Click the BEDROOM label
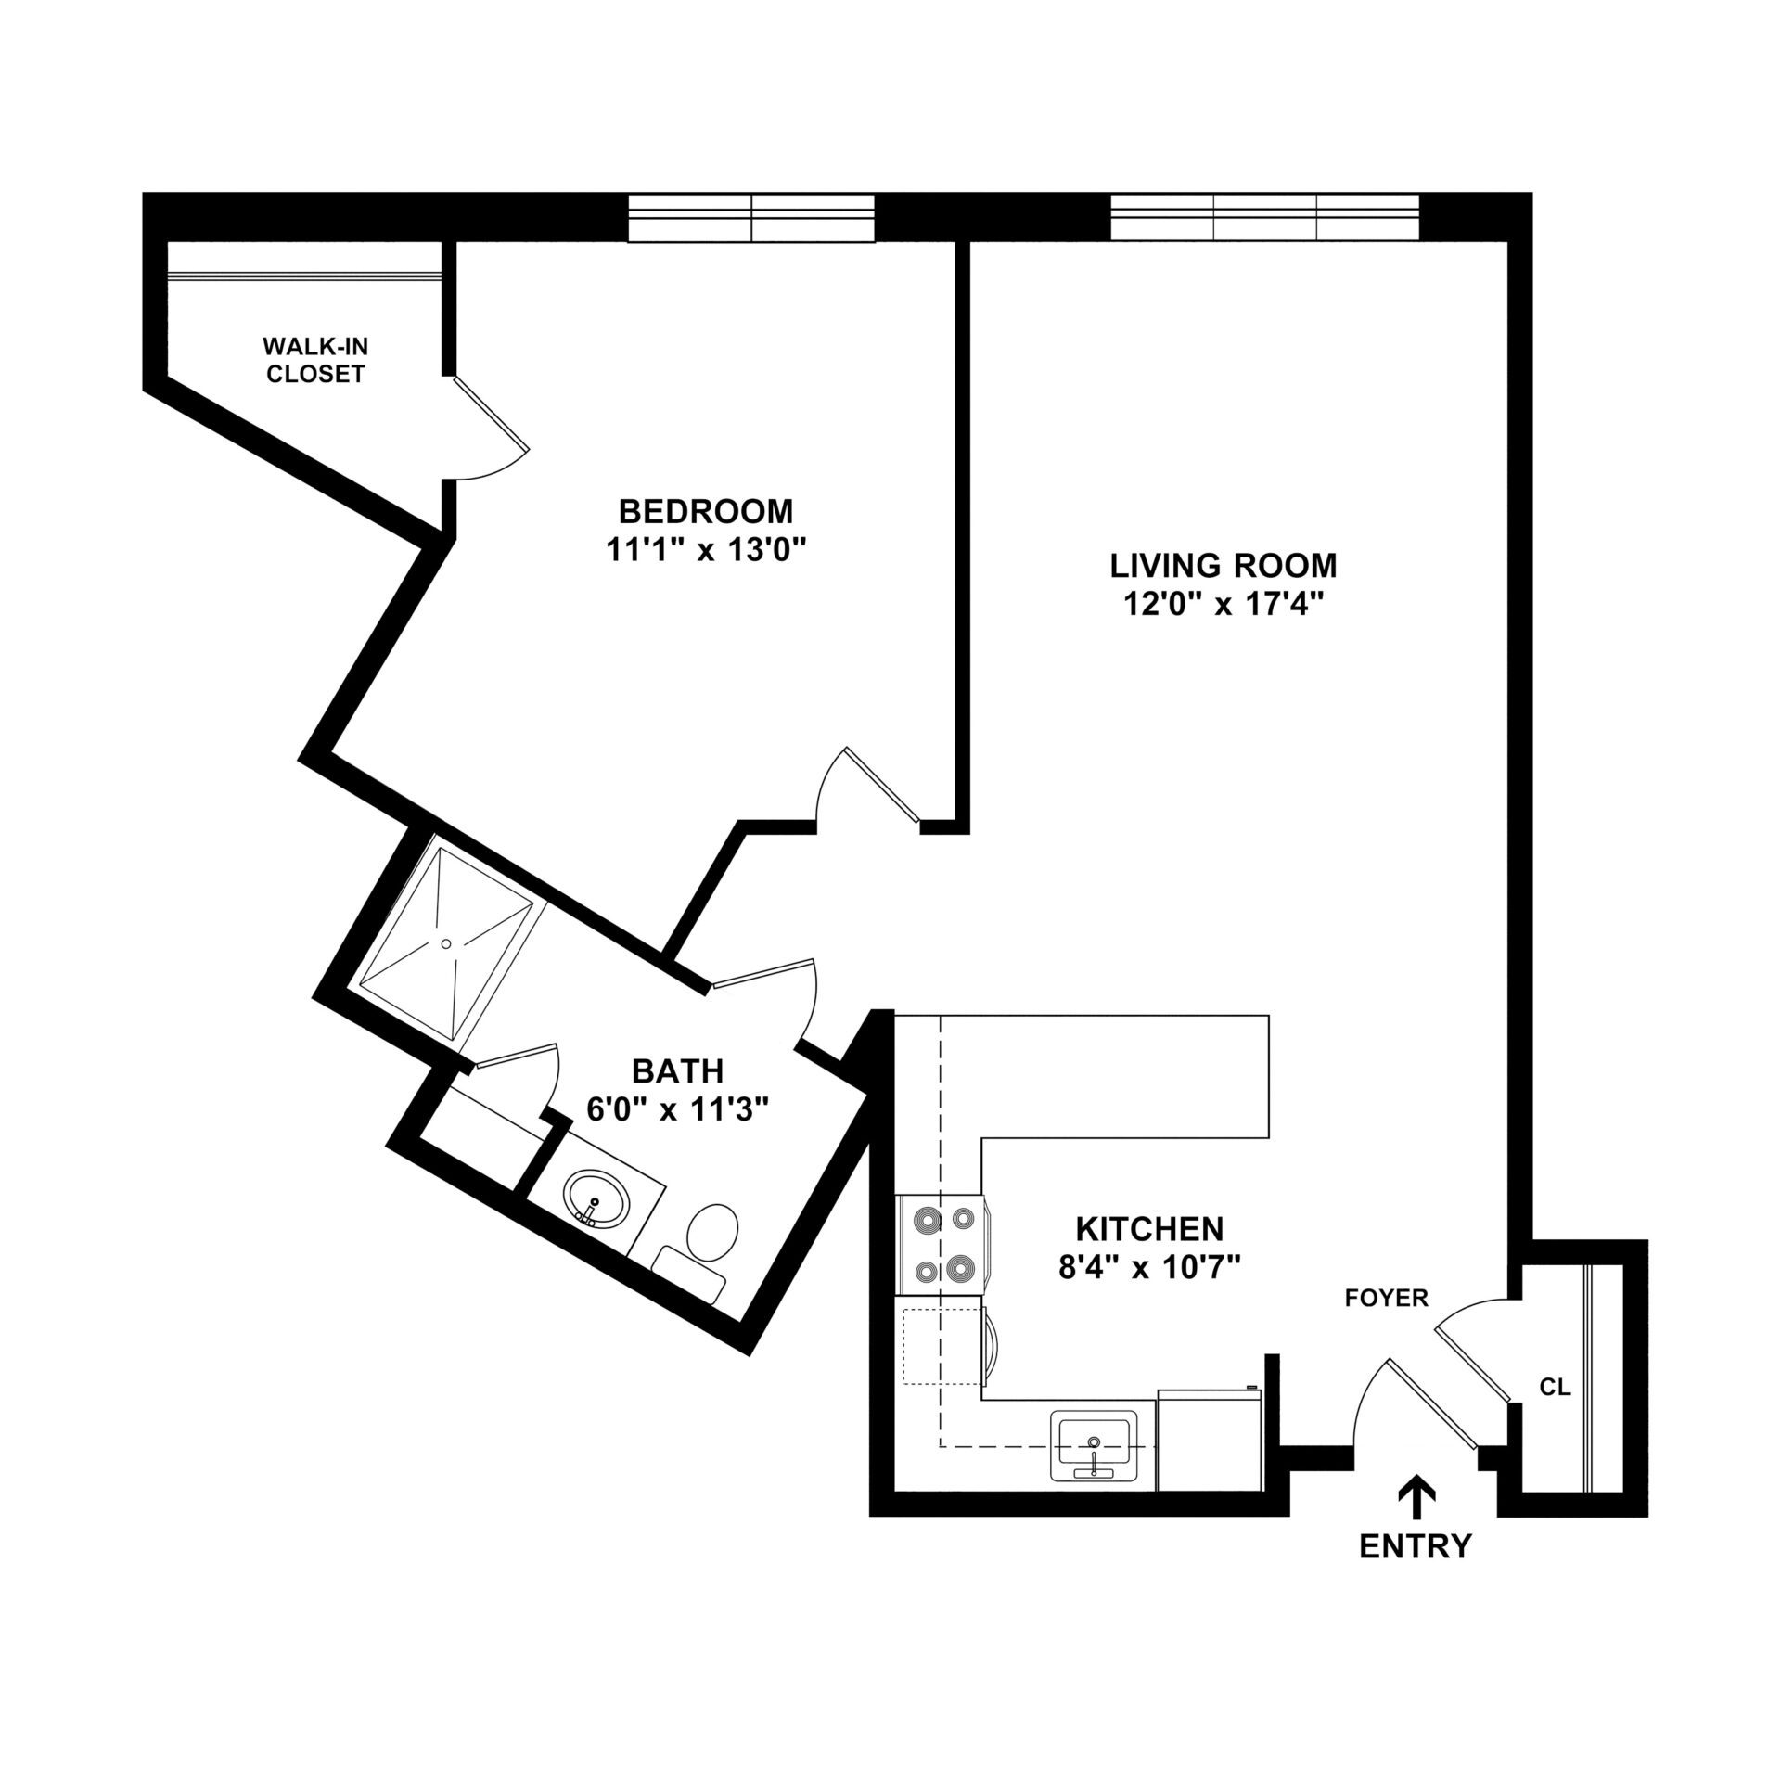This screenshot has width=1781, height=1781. point(706,511)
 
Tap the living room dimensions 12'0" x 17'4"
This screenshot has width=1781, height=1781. point(1223,605)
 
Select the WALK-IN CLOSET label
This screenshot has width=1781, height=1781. point(315,361)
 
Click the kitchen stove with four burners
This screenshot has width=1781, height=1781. point(942,1244)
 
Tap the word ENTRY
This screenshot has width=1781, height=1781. point(1416,1546)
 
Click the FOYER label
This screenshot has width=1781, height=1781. point(1387,1299)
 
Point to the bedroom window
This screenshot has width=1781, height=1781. point(750,218)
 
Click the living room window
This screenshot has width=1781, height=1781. point(1264,218)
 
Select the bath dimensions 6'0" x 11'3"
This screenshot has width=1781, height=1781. point(678,1108)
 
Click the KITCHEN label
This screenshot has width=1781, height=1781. point(1149,1229)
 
